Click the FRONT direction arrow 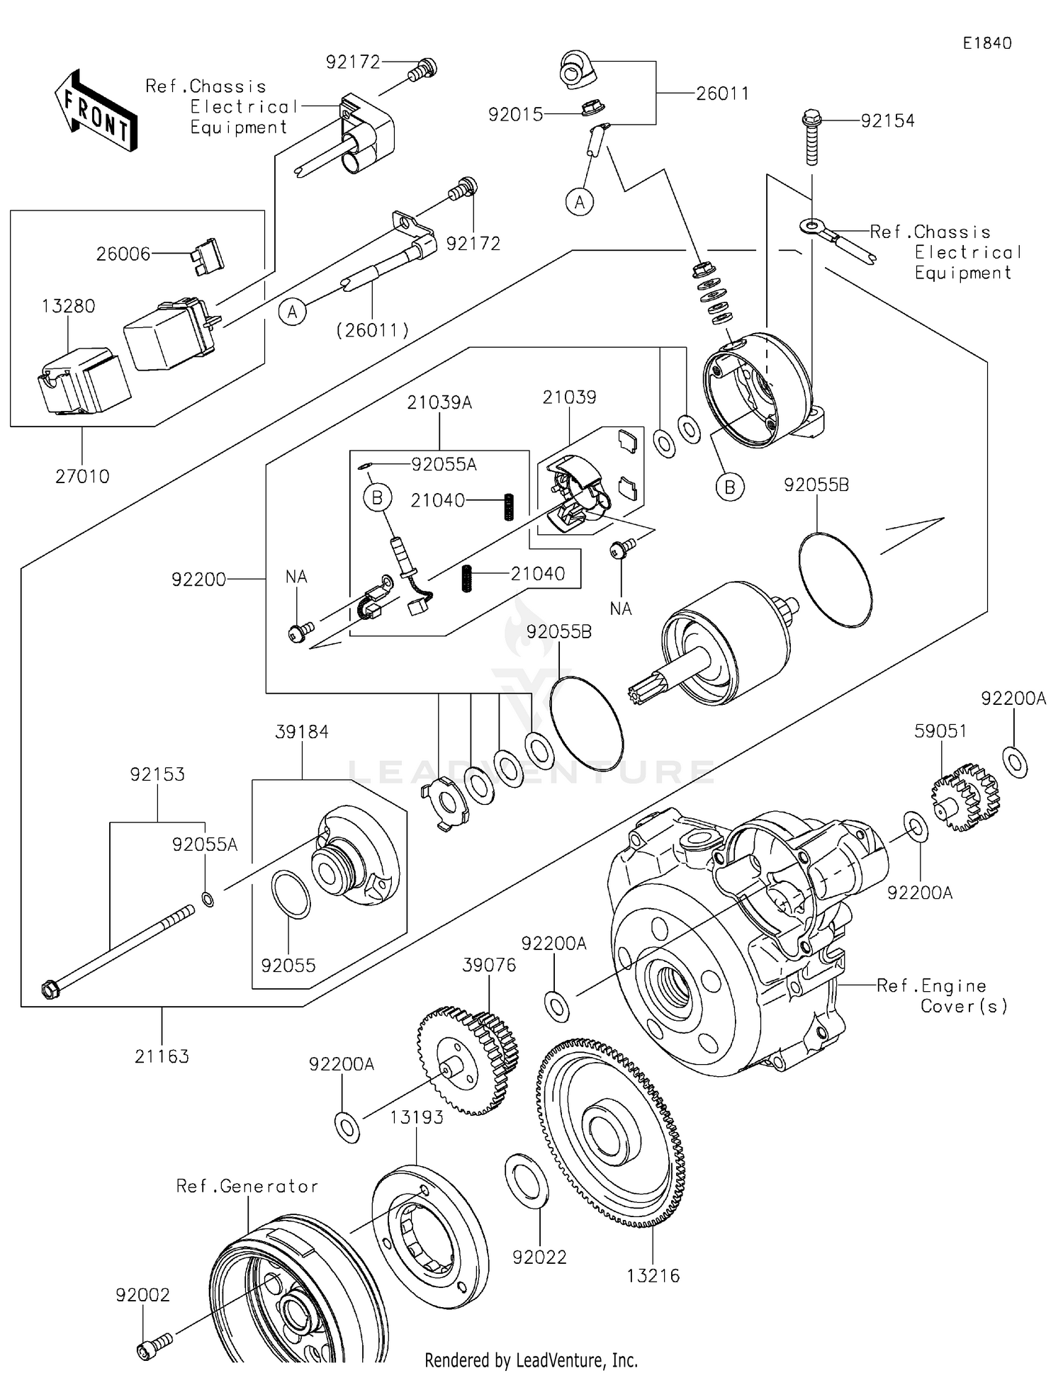tap(96, 112)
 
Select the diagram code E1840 tap(986, 43)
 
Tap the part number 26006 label tap(123, 254)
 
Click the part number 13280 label tap(68, 306)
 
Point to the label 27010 tap(82, 476)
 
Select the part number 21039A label tap(439, 402)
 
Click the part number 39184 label tap(302, 732)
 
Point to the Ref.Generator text tap(247, 1186)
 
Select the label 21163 tap(162, 1056)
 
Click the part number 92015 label tap(515, 114)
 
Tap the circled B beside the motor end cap tap(730, 487)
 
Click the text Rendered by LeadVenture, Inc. tap(531, 1360)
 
